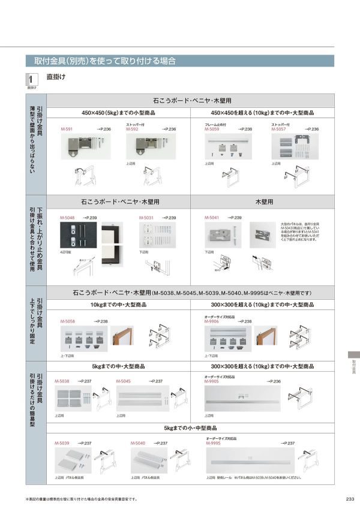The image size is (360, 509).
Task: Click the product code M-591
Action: [x=67, y=129]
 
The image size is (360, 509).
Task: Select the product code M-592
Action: [x=132, y=129]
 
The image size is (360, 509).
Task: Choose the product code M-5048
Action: [x=67, y=217]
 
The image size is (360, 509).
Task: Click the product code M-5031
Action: [x=146, y=217]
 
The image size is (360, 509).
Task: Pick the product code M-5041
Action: [x=212, y=217]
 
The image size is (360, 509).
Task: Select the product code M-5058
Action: [x=68, y=322]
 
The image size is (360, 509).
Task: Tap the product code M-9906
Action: [x=212, y=322]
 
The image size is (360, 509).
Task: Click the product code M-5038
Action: [x=62, y=381]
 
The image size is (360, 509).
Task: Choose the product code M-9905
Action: [x=212, y=381]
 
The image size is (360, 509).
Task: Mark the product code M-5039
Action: [x=62, y=443]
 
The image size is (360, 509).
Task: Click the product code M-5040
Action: [x=138, y=443]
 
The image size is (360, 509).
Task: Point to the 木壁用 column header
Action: [x=264, y=203]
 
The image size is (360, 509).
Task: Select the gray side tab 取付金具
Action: [x=354, y=367]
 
